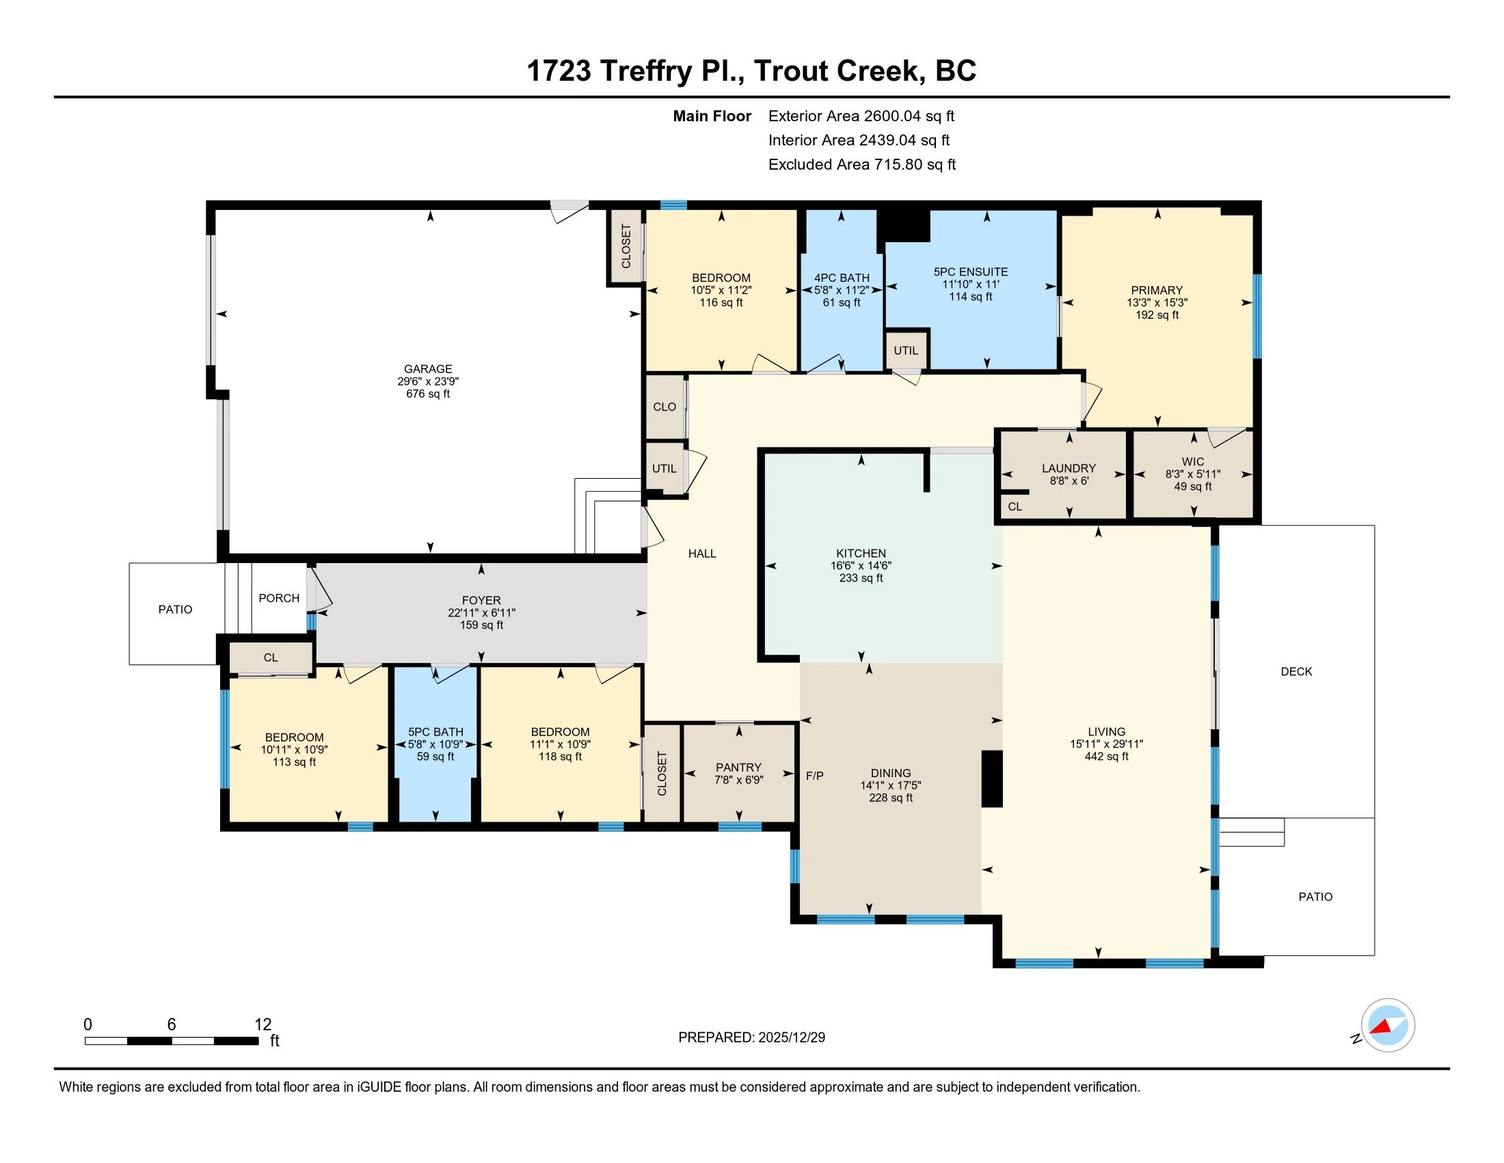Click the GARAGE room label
428,369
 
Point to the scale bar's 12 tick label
263,1025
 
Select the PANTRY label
738,767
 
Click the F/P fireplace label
815,776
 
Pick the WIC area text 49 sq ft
1193,486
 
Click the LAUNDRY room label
1069,469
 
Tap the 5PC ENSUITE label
970,272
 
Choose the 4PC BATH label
842,278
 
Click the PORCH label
279,598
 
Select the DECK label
1296,672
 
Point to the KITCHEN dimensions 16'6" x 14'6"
861,566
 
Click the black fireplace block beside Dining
992,779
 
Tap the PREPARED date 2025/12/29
791,1038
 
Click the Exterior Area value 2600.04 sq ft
909,116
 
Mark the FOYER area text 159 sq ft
481,625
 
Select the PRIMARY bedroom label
1157,290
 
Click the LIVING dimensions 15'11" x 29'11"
1107,744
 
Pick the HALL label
701,553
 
